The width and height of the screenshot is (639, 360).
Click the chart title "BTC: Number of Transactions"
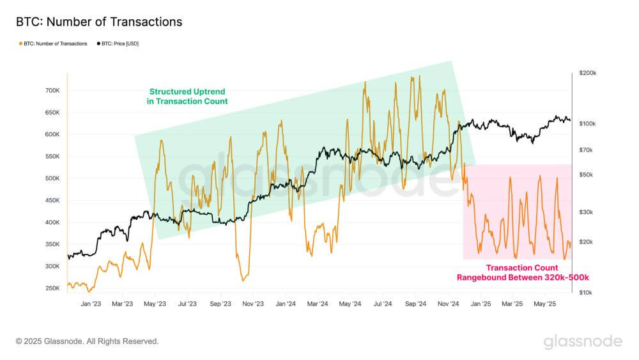click(x=99, y=22)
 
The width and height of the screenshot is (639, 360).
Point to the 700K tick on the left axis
click(x=50, y=91)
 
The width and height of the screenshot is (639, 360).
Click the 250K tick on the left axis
click(x=50, y=288)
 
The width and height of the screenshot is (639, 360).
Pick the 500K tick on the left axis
click(x=50, y=178)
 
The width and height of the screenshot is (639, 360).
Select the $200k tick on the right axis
click(x=587, y=74)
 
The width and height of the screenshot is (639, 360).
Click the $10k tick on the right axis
click(x=585, y=292)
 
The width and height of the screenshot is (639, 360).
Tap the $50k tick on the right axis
click(x=585, y=175)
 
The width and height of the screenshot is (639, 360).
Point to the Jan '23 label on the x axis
click(x=91, y=304)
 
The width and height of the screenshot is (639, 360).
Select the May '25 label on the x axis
click(x=546, y=304)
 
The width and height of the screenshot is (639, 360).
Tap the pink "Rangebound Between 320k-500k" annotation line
click(x=522, y=278)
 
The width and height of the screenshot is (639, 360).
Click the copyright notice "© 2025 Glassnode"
click(x=87, y=341)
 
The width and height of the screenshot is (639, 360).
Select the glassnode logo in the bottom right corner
click(x=582, y=341)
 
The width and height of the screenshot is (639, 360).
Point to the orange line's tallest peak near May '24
click(x=365, y=82)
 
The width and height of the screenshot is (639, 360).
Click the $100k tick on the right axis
click(x=587, y=123)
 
